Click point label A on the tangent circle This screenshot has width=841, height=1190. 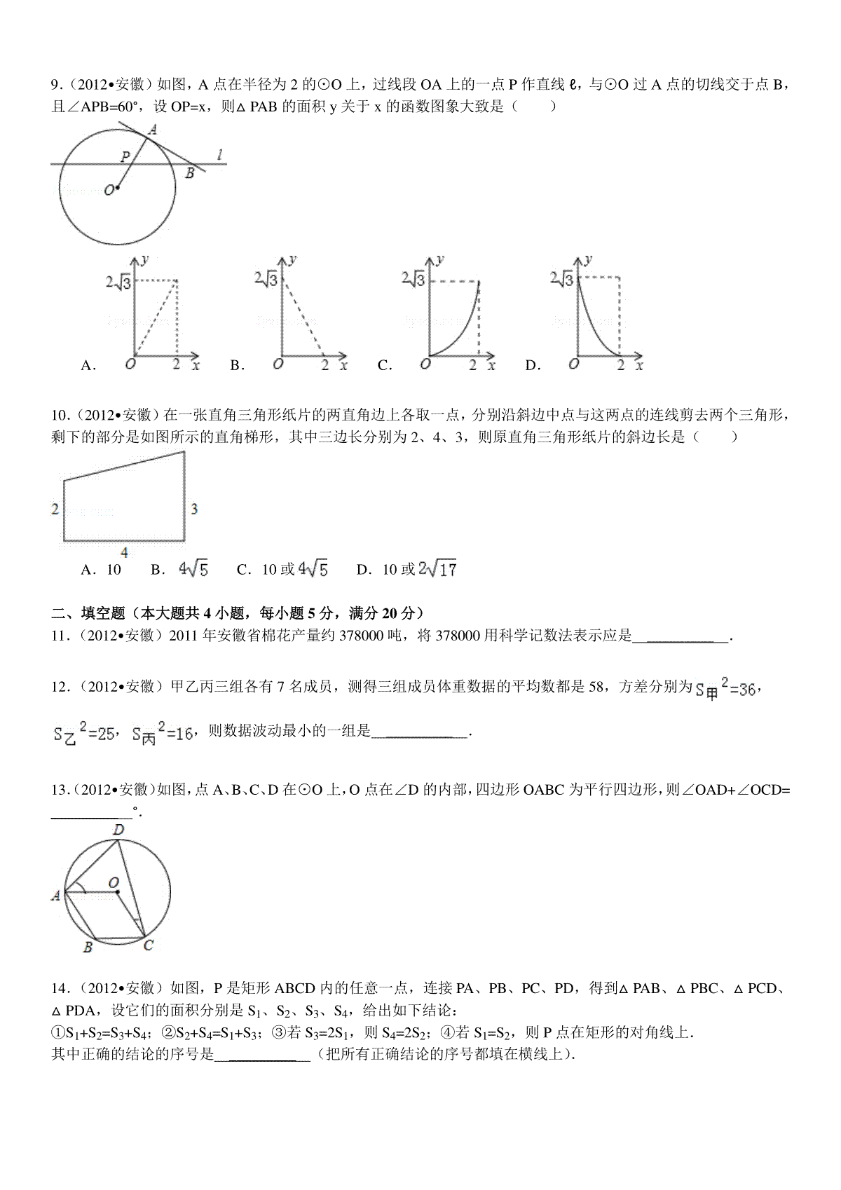coord(153,129)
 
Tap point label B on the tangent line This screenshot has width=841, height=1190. coord(189,174)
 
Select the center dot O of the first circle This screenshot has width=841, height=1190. coord(118,187)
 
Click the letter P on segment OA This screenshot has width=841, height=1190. coord(124,156)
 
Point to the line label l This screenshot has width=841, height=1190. coord(220,155)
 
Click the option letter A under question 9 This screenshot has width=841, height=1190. coord(88,365)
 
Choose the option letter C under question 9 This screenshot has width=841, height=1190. coord(383,365)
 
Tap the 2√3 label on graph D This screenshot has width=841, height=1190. coord(561,280)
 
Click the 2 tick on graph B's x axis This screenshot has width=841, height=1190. coord(324,364)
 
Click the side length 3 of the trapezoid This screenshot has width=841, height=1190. coord(194,509)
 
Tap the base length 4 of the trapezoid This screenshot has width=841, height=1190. coord(125,552)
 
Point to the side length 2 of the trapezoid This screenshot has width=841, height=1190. coord(55,509)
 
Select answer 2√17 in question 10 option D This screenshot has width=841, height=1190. coord(437,570)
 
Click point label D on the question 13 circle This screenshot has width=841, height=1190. coord(118,830)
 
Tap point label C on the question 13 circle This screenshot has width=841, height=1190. coord(149,945)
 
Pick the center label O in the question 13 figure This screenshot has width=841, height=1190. coord(114,882)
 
